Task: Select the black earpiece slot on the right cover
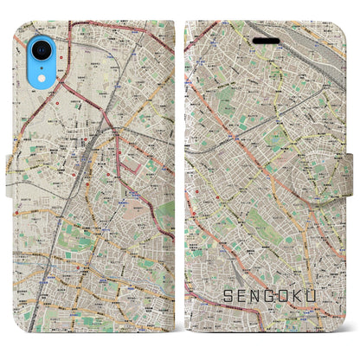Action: tap(265, 40)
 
